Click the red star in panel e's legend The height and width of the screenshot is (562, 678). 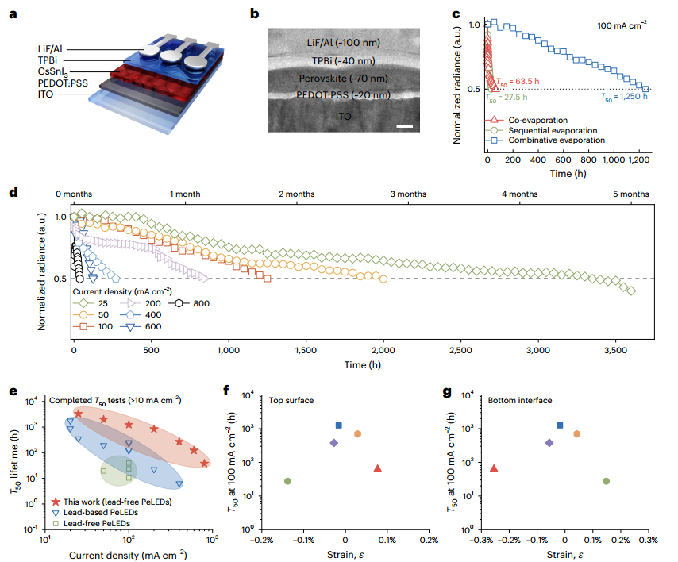(x=56, y=502)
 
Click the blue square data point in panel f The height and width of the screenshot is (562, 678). (x=339, y=426)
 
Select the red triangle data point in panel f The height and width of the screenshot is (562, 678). (x=378, y=468)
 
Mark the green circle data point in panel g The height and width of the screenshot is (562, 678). (x=606, y=481)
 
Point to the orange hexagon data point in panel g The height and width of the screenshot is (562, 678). (x=577, y=433)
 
